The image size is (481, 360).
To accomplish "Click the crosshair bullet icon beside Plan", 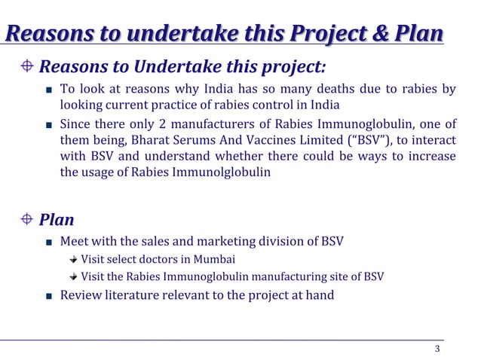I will click(x=27, y=220).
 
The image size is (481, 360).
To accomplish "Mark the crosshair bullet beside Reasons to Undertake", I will click(x=27, y=66).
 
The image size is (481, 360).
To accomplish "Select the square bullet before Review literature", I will click(x=48, y=296).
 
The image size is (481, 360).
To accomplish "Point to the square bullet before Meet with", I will click(x=48, y=243).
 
